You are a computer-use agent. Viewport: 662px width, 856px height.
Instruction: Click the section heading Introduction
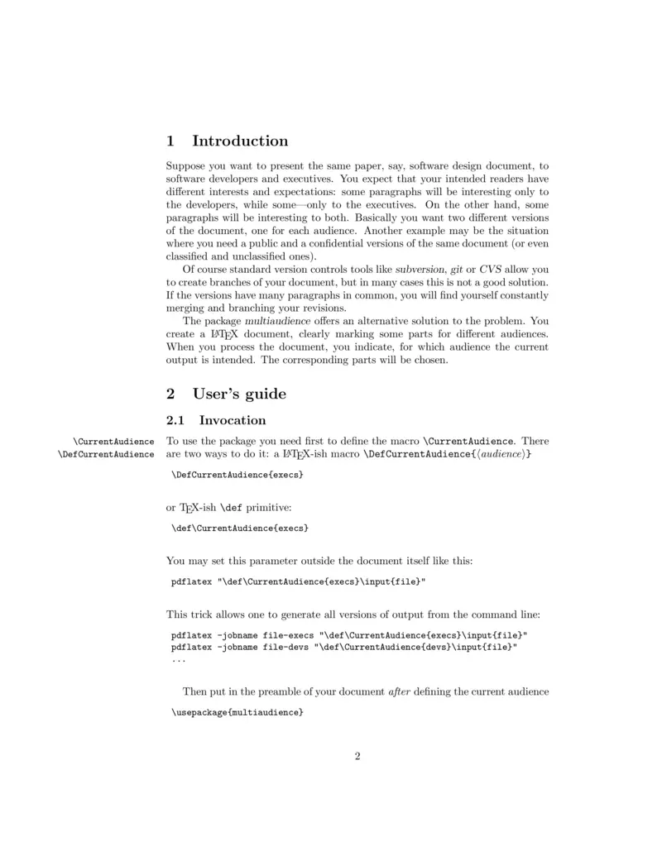[240, 141]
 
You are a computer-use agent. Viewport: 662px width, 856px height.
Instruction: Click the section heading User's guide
[239, 394]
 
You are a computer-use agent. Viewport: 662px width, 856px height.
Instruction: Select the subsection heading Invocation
[233, 420]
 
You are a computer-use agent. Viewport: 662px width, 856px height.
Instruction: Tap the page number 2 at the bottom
[357, 755]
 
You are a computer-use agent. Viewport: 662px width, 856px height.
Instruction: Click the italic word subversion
[420, 270]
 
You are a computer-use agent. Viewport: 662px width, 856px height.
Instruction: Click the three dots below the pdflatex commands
[178, 660]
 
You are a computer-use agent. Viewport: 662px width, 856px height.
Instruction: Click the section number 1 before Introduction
[170, 141]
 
